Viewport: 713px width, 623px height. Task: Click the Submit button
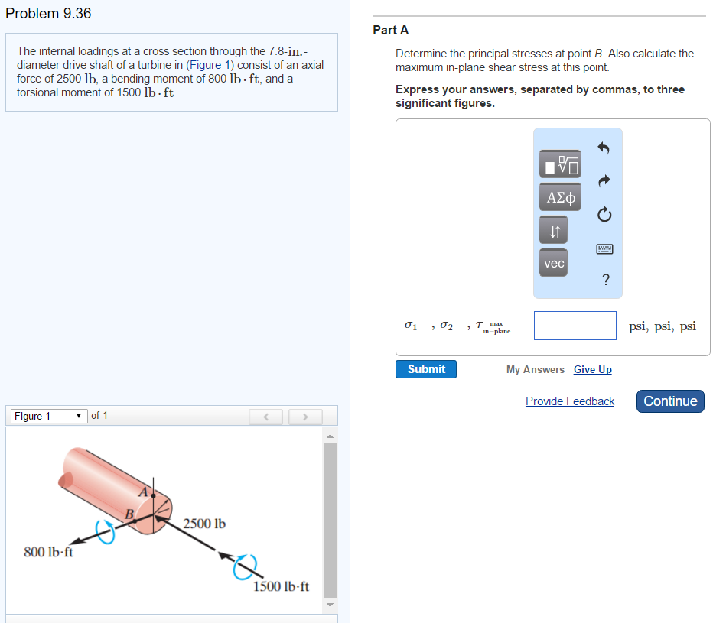426,369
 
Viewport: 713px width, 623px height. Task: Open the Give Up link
593,369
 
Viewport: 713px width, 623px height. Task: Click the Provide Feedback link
570,401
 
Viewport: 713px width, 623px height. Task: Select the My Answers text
536,369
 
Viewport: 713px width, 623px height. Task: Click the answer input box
575,326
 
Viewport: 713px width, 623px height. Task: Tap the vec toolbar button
554,263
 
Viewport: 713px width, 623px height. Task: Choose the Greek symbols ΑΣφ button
560,197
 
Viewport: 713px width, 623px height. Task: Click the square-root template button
560,164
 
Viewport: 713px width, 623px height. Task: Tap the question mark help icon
605,280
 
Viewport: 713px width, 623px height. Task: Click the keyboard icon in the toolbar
604,249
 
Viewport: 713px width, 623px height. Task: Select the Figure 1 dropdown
47,416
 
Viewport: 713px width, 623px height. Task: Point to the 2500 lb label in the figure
204,524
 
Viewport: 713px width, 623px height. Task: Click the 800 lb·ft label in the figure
49,552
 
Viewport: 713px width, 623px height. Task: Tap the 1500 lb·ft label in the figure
281,586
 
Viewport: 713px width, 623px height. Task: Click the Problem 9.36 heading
48,14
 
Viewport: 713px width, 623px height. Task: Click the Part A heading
391,30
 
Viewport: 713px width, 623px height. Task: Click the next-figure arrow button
304,417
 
